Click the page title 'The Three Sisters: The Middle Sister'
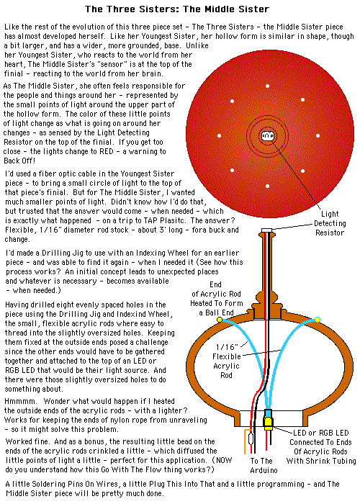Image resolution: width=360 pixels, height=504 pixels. click(x=177, y=9)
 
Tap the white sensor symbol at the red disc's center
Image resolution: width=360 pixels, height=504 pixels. click(x=267, y=136)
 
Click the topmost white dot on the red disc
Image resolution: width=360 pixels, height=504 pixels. click(x=267, y=86)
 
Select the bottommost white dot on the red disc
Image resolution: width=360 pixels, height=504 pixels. click(x=267, y=186)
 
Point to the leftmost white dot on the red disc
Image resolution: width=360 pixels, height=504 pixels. click(x=219, y=135)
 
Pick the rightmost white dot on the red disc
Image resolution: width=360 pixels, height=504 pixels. click(x=318, y=135)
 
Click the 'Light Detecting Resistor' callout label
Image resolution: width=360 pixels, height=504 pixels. click(x=330, y=223)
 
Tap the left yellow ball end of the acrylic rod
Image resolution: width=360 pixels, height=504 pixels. click(x=220, y=319)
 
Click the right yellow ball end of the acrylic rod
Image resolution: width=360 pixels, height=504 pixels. click(x=318, y=319)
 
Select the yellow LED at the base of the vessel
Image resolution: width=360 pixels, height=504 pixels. click(x=268, y=423)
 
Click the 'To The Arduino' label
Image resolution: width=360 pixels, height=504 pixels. click(x=264, y=465)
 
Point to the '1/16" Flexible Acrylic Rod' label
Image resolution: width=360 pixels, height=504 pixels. click(x=227, y=361)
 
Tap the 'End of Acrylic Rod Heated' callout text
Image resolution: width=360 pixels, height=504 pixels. click(x=217, y=299)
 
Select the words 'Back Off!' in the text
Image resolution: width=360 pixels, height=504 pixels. click(x=19, y=161)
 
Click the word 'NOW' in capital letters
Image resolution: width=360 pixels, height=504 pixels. click(x=224, y=460)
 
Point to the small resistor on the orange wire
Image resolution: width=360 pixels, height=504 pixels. click(x=251, y=438)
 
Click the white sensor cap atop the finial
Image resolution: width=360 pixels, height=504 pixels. click(x=266, y=230)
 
